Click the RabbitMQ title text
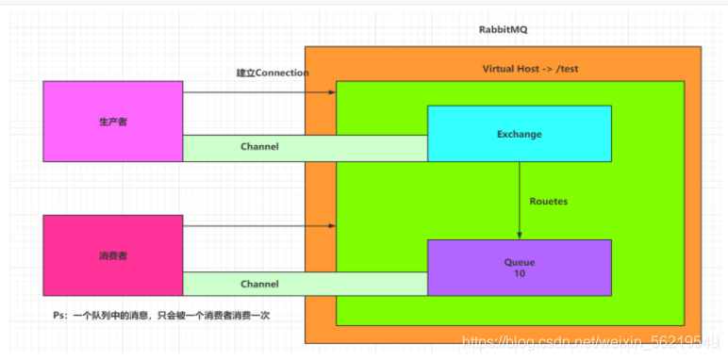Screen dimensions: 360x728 504,30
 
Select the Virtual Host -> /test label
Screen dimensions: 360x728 520,69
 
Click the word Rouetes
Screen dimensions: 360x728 549,201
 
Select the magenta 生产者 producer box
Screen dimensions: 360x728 112,121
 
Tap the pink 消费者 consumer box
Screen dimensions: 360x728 112,254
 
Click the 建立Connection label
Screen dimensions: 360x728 273,73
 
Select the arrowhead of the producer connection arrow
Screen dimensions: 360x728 332,92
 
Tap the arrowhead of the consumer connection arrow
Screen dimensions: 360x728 332,226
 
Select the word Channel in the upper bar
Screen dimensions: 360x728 259,147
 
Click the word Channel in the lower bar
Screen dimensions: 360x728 259,283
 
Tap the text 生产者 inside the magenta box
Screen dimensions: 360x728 112,122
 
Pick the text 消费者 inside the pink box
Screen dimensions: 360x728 112,255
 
